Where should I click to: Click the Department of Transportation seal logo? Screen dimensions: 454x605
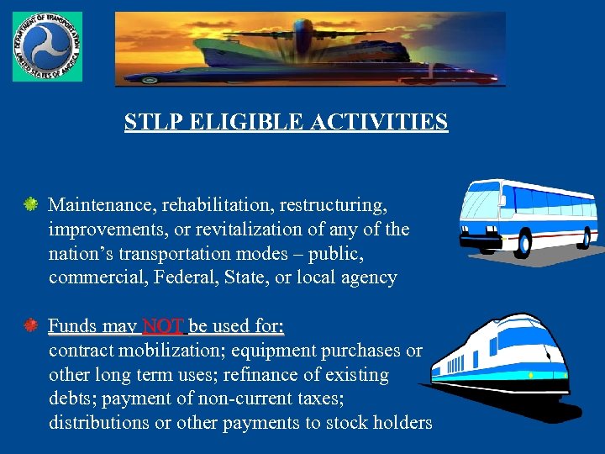(47, 47)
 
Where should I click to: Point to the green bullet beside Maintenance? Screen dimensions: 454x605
(30, 204)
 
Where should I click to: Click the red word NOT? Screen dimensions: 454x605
(163, 325)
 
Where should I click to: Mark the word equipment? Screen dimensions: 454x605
(305, 350)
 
